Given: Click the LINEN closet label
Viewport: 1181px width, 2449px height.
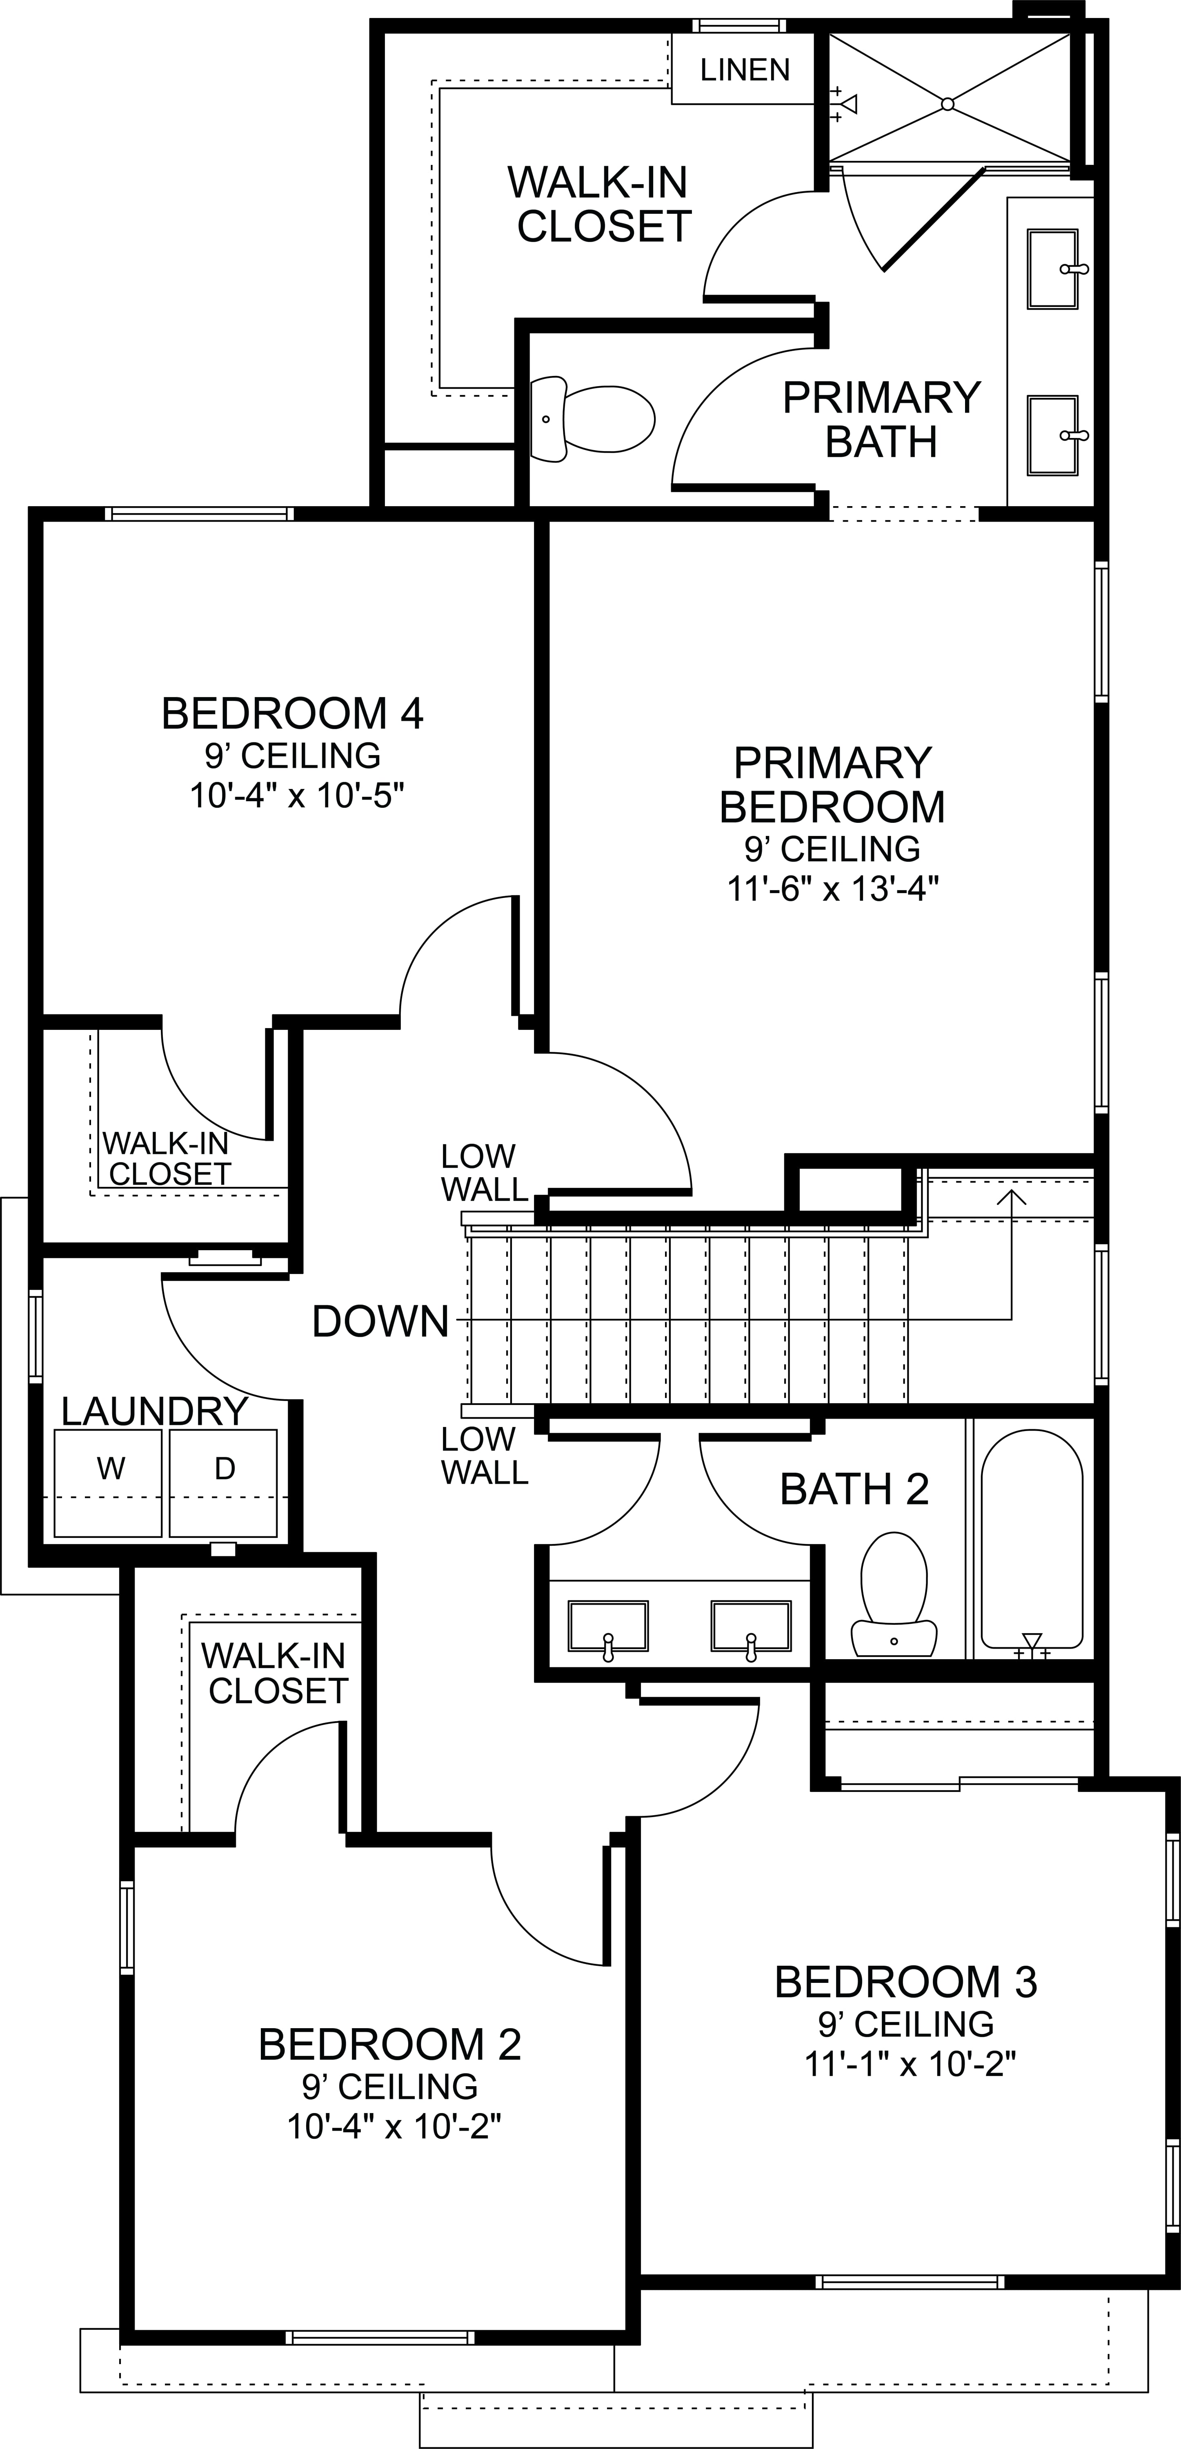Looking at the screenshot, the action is pos(745,69).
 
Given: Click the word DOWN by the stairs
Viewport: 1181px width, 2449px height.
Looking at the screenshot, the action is pos(380,1322).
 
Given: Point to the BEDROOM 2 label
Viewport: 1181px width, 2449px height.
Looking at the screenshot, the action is pos(390,2044).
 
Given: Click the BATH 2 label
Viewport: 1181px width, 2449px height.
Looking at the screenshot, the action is pos(854,1490).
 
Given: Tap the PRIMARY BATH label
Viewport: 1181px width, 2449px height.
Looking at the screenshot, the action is pos(881,419).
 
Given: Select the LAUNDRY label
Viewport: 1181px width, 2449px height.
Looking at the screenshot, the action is pos(155,1412).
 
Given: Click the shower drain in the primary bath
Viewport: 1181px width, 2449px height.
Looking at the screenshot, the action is pos(947,104).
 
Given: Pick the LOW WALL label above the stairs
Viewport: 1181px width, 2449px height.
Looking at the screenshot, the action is pos(484,1172).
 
